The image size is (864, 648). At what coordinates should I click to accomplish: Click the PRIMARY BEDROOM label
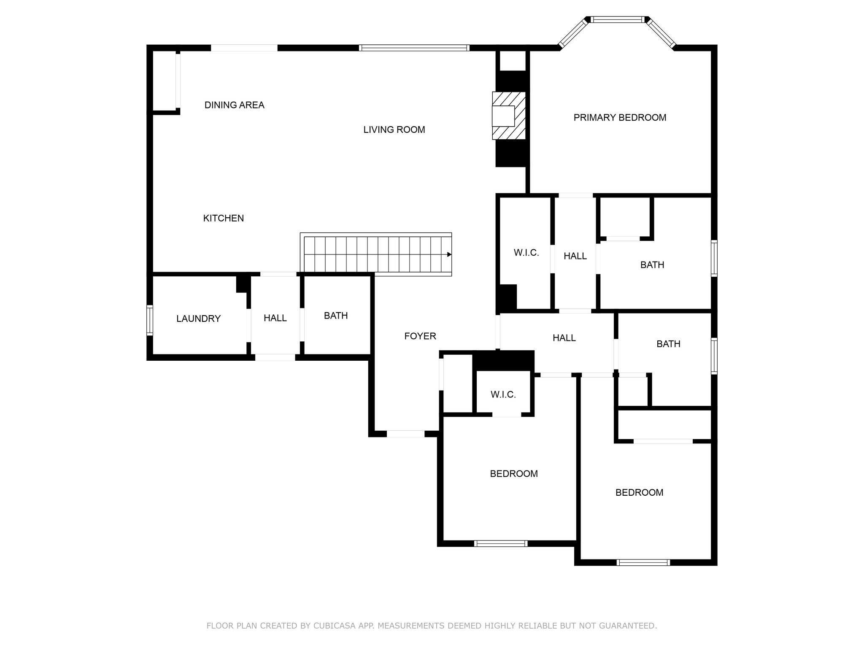pyautogui.click(x=620, y=118)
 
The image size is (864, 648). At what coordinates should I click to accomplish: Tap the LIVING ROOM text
pyautogui.click(x=394, y=130)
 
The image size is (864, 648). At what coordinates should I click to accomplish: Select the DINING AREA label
pyautogui.click(x=234, y=105)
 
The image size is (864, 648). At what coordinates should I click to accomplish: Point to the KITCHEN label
pyautogui.click(x=223, y=218)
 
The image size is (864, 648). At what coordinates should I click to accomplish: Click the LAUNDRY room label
pyautogui.click(x=198, y=319)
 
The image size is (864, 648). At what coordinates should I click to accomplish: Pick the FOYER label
pyautogui.click(x=420, y=336)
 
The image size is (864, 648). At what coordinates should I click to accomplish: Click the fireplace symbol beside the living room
pyautogui.click(x=509, y=116)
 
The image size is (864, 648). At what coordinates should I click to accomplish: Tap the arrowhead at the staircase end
pyautogui.click(x=449, y=254)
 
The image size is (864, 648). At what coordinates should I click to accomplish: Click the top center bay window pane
pyautogui.click(x=617, y=19)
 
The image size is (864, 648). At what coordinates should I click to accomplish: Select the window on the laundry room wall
pyautogui.click(x=149, y=320)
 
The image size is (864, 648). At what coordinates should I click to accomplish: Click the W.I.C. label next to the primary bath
pyautogui.click(x=526, y=253)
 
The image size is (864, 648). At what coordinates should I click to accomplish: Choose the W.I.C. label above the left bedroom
pyautogui.click(x=503, y=395)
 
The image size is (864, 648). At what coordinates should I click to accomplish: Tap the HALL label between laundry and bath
pyautogui.click(x=275, y=318)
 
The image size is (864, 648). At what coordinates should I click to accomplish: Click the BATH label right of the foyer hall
pyautogui.click(x=668, y=344)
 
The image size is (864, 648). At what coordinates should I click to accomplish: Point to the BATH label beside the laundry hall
pyautogui.click(x=336, y=316)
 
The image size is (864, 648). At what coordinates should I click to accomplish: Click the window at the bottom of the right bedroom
pyautogui.click(x=643, y=562)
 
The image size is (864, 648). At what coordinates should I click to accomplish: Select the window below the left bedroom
pyautogui.click(x=501, y=543)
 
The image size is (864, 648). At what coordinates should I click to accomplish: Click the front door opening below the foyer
pyautogui.click(x=405, y=434)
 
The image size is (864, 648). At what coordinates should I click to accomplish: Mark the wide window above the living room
pyautogui.click(x=414, y=48)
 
